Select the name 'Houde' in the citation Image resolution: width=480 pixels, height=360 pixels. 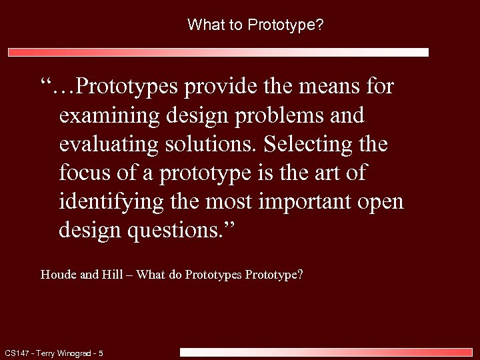point(59,274)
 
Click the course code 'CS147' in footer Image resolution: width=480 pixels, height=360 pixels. point(16,353)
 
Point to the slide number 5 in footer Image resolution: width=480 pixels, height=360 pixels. point(101,353)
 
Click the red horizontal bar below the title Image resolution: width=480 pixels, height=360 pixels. point(218,52)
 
